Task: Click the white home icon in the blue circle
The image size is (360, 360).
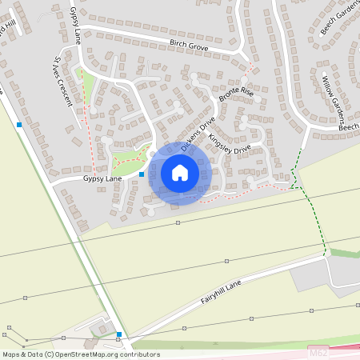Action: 180,173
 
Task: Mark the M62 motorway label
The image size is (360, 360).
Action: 318,351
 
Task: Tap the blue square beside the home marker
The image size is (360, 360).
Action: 142,174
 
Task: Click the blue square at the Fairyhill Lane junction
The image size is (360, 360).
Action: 118,334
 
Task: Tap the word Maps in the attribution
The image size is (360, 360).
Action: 12,354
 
